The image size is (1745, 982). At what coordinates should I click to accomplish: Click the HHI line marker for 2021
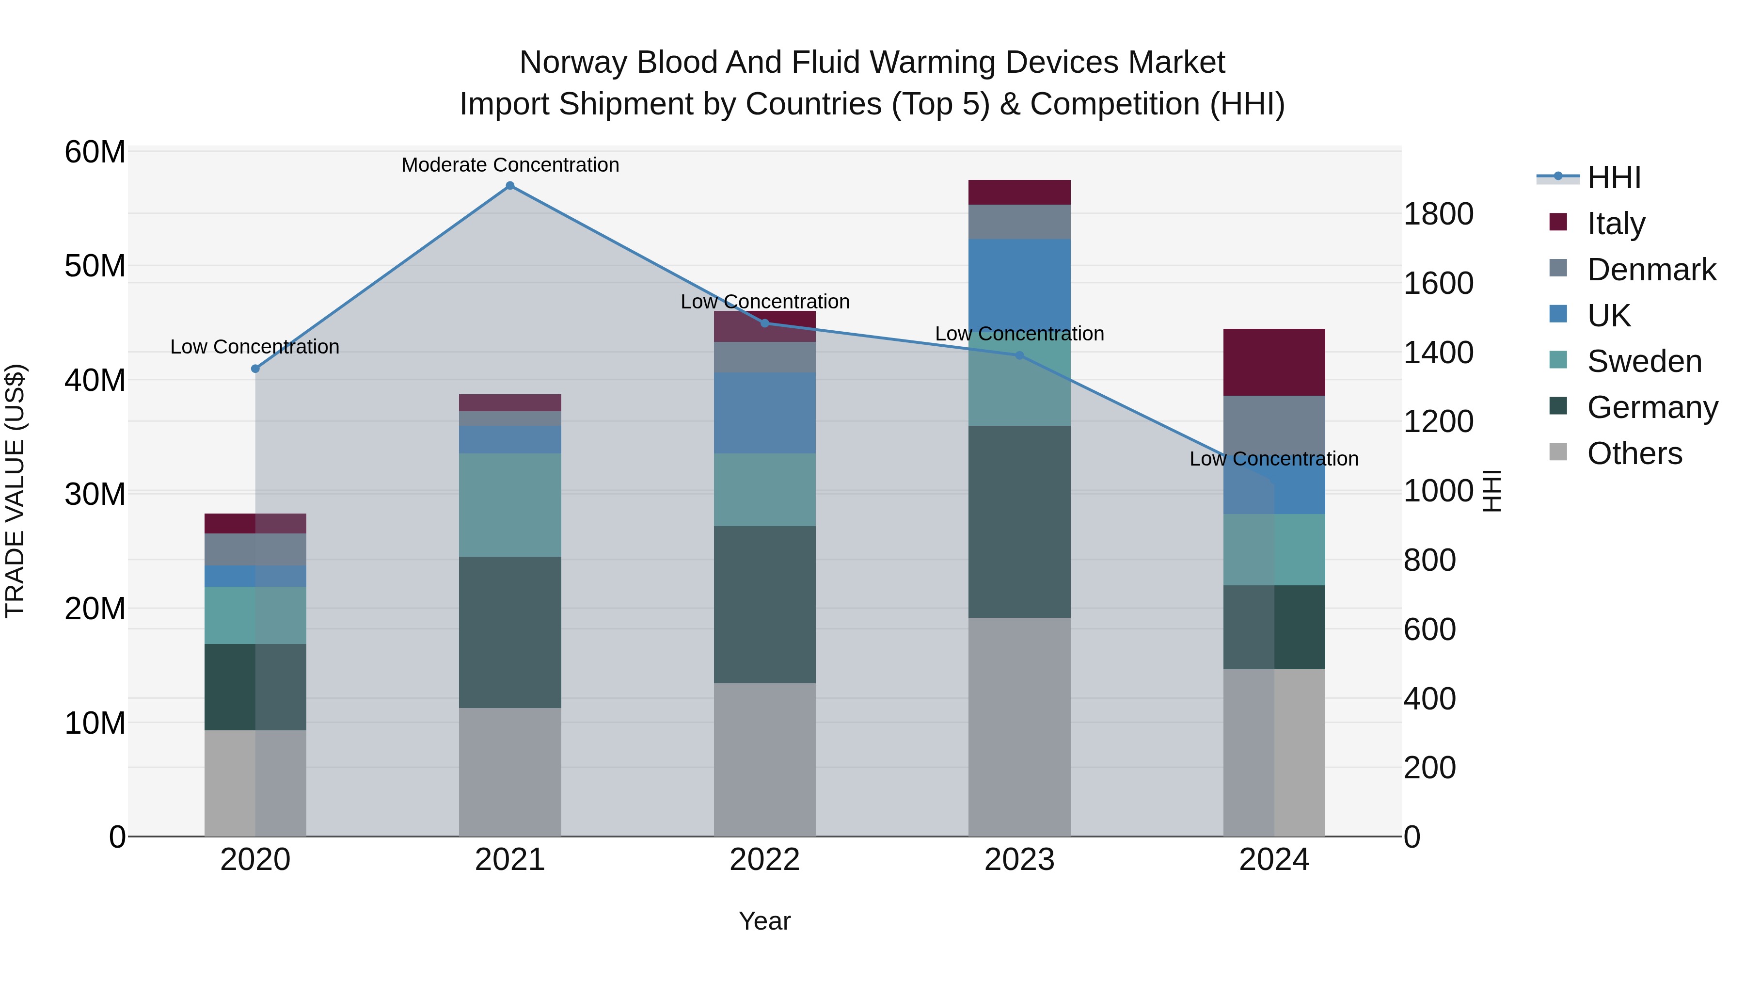tap(510, 186)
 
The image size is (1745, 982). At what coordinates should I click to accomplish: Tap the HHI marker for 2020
tap(255, 369)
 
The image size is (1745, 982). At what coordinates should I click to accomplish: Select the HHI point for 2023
tap(1019, 355)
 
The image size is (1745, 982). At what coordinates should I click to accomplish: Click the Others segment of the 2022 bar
tap(765, 759)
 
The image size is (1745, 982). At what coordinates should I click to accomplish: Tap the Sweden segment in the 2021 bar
tap(510, 505)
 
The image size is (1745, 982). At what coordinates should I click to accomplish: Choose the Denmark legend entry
tap(1651, 270)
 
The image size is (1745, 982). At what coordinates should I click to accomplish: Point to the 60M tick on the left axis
tap(95, 152)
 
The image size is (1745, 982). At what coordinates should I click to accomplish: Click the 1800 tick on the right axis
tap(1438, 214)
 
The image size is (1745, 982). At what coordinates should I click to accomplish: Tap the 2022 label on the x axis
tap(765, 860)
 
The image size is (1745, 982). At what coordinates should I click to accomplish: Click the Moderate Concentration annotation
tap(510, 165)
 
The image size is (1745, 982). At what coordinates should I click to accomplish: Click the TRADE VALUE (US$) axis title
tap(15, 491)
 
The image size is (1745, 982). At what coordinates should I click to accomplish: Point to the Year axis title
tap(765, 921)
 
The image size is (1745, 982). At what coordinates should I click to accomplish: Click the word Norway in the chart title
tap(573, 63)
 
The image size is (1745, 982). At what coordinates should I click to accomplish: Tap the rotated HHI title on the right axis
tap(1491, 491)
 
